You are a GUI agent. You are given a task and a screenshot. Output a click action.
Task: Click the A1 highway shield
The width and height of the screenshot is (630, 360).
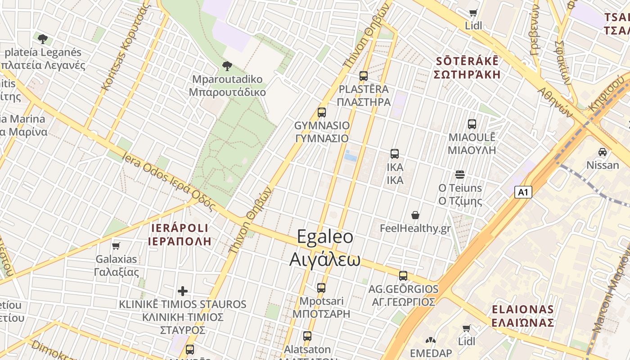pos(523,192)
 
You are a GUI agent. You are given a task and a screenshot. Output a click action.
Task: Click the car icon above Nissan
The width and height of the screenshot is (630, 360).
pos(603,152)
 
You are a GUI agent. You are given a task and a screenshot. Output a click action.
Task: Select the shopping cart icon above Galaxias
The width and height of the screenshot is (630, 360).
pos(116,246)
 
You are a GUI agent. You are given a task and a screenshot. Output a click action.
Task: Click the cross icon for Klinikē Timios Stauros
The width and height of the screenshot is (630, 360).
pos(183,291)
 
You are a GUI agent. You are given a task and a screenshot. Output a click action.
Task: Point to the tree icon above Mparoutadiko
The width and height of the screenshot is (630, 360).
pos(227,66)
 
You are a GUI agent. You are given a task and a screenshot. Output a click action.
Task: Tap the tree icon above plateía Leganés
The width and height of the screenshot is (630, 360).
pos(43,39)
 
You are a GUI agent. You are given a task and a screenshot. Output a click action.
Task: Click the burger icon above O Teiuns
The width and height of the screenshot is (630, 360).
pos(459,174)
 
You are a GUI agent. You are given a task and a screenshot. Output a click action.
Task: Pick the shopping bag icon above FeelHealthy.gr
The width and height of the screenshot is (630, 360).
pos(415,215)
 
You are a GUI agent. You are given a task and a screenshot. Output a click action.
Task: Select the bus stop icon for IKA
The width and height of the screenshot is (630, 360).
pos(395,154)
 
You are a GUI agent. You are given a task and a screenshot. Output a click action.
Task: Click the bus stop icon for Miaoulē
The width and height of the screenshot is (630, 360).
pos(472,124)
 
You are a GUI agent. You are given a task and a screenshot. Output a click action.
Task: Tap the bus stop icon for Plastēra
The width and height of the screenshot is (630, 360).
pos(364,76)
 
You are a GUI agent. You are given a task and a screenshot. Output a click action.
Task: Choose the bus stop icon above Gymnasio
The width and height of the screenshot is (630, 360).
pos(321,112)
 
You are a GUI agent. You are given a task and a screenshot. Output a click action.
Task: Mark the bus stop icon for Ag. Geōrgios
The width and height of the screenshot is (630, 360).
pos(403,275)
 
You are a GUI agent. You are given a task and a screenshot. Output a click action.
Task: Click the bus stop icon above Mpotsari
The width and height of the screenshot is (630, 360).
pos(321,288)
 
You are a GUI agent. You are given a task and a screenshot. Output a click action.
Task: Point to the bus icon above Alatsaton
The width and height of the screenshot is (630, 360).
pos(307,336)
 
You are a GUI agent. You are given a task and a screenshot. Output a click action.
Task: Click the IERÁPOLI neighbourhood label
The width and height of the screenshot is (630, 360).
pos(180,234)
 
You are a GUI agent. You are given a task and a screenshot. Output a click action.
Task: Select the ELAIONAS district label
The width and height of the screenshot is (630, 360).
pos(522,316)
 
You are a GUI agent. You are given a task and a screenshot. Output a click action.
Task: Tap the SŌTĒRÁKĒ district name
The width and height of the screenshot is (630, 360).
pos(468,67)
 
